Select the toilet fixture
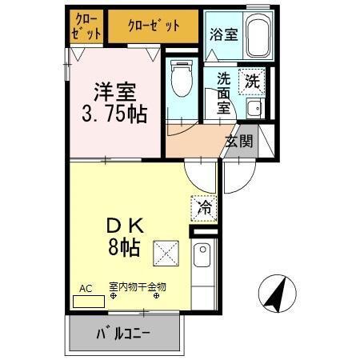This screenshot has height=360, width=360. (x=181, y=79)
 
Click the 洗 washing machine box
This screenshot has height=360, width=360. (x=252, y=81)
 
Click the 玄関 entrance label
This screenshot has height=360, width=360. (x=239, y=142)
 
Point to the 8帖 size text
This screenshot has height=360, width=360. (x=124, y=247)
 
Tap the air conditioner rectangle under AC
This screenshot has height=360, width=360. (x=88, y=302)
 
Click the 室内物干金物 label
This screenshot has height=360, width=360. (x=138, y=286)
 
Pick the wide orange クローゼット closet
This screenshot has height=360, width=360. (x=152, y=25)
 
